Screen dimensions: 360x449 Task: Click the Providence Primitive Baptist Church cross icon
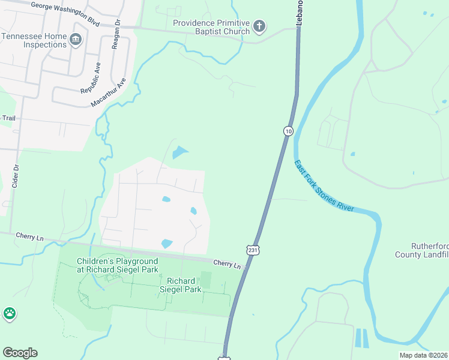click(x=259, y=26)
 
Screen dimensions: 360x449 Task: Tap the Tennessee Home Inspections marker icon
click(x=76, y=40)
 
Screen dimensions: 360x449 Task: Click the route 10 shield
click(x=289, y=131)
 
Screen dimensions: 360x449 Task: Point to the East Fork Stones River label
click(x=324, y=185)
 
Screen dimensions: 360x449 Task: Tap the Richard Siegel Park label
click(x=181, y=285)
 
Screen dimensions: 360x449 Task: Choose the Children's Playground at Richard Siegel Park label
click(x=117, y=265)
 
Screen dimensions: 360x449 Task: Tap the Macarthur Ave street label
click(x=109, y=92)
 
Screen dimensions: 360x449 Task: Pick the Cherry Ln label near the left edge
click(x=29, y=238)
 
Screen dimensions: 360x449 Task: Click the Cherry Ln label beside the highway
click(x=227, y=264)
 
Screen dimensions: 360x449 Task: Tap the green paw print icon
click(x=10, y=313)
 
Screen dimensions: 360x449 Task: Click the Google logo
click(x=20, y=353)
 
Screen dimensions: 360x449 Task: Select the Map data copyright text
click(x=423, y=355)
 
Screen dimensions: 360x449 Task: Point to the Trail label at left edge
click(x=8, y=118)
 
